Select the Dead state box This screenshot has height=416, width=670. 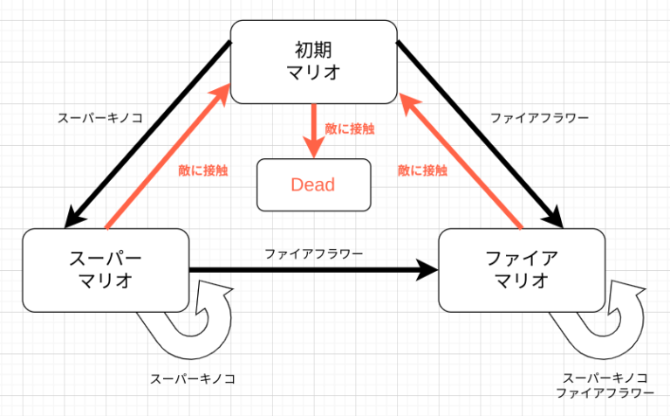pyautogui.click(x=312, y=184)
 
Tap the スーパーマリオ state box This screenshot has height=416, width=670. pyautogui.click(x=106, y=270)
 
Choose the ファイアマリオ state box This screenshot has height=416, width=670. pyautogui.click(x=521, y=270)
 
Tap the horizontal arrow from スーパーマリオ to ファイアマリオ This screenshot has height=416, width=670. pyautogui.click(x=314, y=271)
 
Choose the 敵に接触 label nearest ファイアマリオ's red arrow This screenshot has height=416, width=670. pyautogui.click(x=423, y=171)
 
